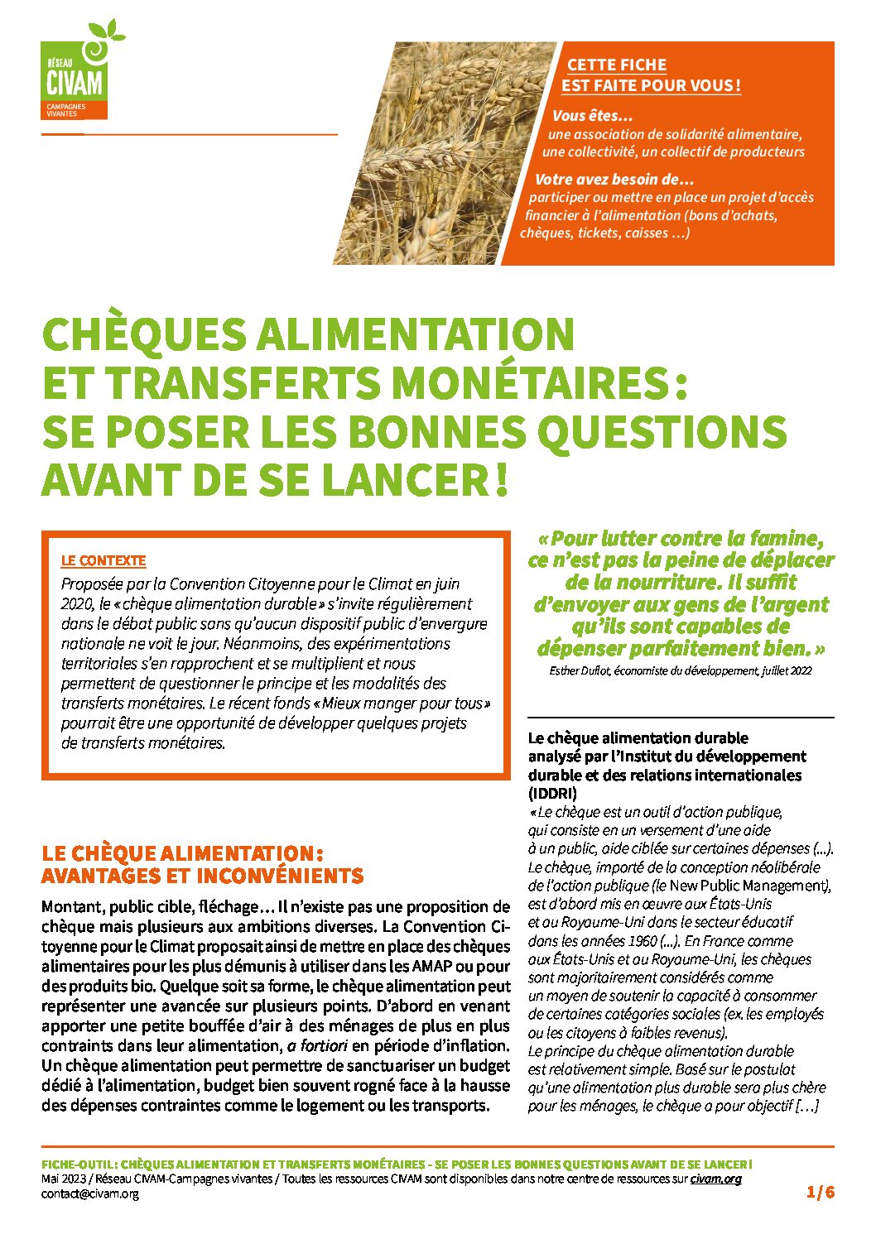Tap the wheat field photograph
point(431,153)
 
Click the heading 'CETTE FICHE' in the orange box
point(616,65)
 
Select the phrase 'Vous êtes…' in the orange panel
point(592,116)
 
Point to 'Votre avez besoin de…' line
point(614,180)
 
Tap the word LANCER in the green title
point(407,480)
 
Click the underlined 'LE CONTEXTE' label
point(103,560)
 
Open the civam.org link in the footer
point(715,1179)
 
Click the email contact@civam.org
point(90,1193)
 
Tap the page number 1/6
point(821,1193)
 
